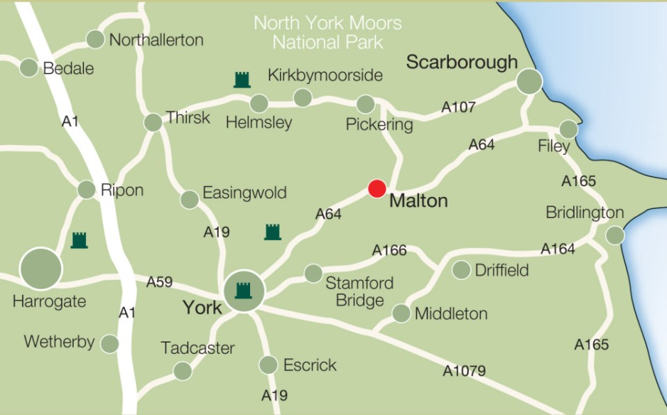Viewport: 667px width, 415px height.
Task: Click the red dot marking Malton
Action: click(x=377, y=189)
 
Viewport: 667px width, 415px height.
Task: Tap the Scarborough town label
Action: click(x=461, y=62)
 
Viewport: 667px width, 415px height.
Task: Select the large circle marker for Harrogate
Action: click(x=41, y=268)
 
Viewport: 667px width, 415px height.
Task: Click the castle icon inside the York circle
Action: click(x=243, y=290)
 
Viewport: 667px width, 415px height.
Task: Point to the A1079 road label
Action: click(x=464, y=371)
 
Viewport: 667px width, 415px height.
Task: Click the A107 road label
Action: click(x=459, y=107)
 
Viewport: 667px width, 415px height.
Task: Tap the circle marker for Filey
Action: click(x=568, y=129)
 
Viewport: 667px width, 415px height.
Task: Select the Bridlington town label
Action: click(x=584, y=212)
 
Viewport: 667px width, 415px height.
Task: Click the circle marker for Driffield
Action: click(x=461, y=270)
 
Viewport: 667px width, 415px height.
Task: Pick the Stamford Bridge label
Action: click(x=359, y=291)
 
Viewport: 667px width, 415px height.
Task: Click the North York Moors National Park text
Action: click(x=327, y=32)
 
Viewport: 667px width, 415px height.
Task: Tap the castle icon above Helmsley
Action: click(x=242, y=79)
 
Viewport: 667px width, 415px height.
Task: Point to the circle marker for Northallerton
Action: click(x=95, y=40)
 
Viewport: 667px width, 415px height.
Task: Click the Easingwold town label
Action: click(x=244, y=192)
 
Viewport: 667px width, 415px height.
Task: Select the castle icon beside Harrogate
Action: click(x=80, y=240)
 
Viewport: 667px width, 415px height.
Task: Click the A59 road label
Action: click(x=159, y=282)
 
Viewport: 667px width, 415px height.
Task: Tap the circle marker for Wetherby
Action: click(x=109, y=344)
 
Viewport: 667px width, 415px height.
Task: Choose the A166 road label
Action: click(x=389, y=250)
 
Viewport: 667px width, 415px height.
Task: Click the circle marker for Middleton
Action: click(x=401, y=314)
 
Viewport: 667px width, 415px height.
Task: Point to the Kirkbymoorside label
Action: click(x=325, y=75)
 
